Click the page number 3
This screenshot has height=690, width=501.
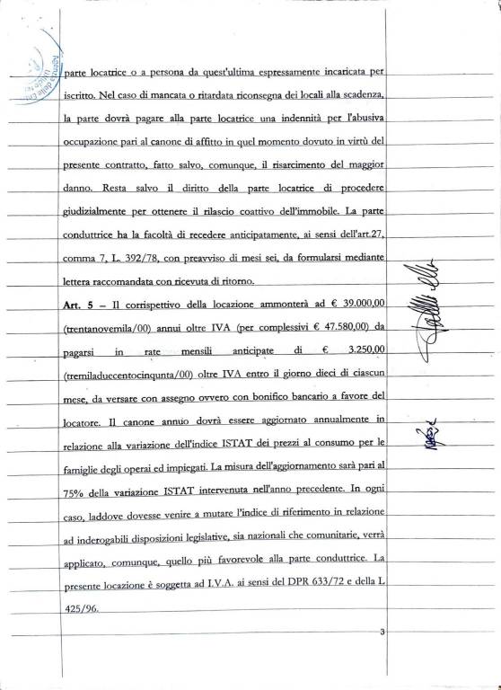382,634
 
